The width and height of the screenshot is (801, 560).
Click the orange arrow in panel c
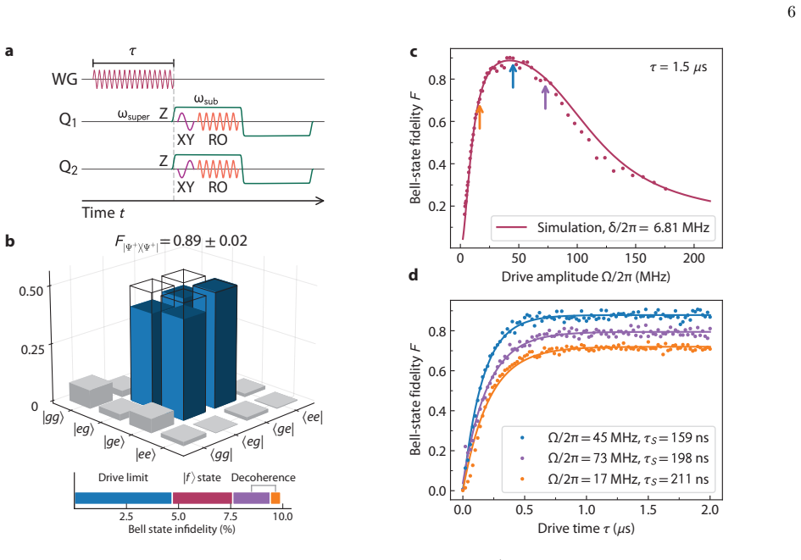[x=479, y=116]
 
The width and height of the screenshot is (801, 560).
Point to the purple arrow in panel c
[x=546, y=97]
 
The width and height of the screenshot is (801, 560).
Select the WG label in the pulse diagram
[x=64, y=79]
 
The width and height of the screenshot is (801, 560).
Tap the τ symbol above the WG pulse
[x=133, y=51]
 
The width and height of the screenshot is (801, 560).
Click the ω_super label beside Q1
[x=133, y=115]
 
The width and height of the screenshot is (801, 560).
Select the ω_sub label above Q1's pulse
[x=206, y=99]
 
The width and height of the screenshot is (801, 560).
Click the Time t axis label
[x=103, y=213]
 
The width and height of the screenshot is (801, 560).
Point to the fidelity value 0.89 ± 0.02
[x=210, y=241]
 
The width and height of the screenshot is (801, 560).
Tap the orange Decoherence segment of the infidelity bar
[x=275, y=498]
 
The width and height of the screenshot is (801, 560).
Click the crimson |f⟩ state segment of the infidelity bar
[x=203, y=498]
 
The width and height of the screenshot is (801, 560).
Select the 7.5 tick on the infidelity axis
[x=231, y=516]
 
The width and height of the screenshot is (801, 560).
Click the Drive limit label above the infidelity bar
[x=123, y=478]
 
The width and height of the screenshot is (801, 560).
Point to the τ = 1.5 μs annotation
[x=678, y=67]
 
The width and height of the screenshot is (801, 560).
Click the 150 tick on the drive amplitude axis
[x=636, y=258]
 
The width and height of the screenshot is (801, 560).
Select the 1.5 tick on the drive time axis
[x=648, y=509]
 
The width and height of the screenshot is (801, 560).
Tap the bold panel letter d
[x=414, y=275]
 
